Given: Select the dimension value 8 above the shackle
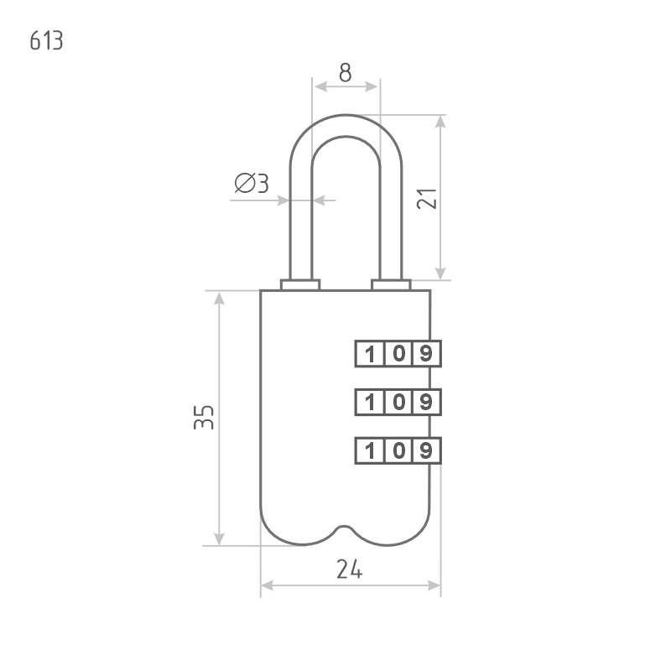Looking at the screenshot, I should pos(345,72).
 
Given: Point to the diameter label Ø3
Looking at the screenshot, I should pos(252,184).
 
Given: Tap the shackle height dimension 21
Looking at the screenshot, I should pos(426,198).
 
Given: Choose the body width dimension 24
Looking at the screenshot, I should pos(349,570).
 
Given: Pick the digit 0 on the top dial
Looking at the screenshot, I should pos(398,354).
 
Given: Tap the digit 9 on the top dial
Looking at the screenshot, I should pos(427,354).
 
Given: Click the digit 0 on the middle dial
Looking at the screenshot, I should pos(398,403).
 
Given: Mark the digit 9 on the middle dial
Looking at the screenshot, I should pos(427,403).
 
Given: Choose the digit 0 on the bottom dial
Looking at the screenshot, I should pos(398,451).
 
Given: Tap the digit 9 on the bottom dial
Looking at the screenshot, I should pos(427,451).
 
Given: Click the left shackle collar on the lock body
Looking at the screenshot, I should pos(299,285).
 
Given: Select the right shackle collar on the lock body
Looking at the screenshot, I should pos(391,285).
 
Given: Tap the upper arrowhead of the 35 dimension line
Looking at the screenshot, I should pos(219,299).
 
